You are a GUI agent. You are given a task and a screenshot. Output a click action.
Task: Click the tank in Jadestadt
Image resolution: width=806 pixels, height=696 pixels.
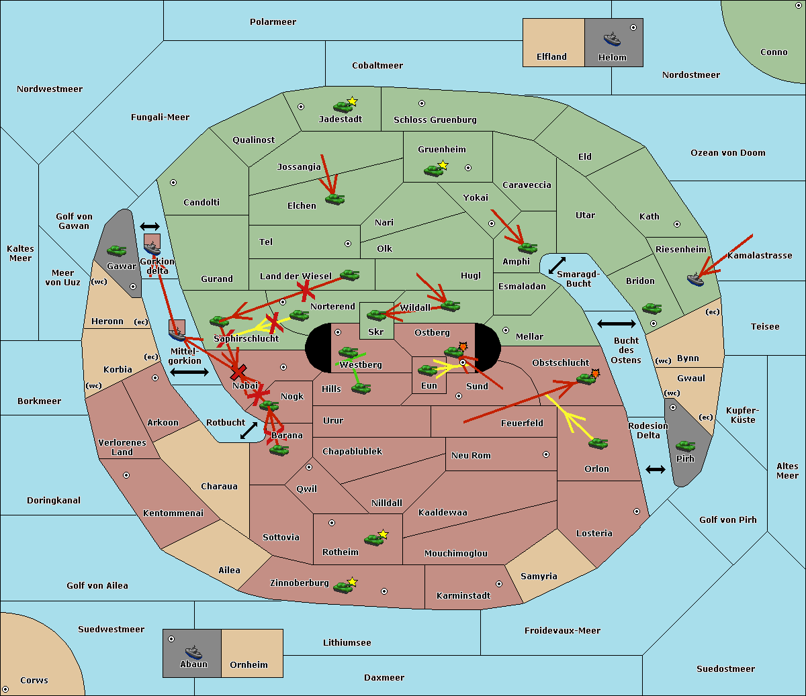pyautogui.click(x=343, y=106)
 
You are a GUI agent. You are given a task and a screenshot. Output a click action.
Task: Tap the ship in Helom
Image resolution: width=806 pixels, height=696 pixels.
pyautogui.click(x=612, y=39)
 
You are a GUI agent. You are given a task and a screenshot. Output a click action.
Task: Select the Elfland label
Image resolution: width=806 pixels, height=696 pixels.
pyautogui.click(x=551, y=57)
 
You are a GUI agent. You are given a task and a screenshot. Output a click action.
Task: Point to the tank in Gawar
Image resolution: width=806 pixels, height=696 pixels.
pyautogui.click(x=117, y=250)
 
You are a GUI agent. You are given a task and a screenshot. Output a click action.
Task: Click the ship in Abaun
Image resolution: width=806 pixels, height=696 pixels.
pyautogui.click(x=193, y=652)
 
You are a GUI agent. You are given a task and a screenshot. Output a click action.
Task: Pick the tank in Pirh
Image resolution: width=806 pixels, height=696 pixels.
pyautogui.click(x=685, y=446)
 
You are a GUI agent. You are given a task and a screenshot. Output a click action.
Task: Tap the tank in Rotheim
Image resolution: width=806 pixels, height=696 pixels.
pyautogui.click(x=373, y=539)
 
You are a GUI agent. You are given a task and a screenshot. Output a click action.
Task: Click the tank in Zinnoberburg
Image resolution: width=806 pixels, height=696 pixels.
pyautogui.click(x=343, y=587)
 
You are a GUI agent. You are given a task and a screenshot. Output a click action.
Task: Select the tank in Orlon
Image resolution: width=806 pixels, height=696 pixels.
pyautogui.click(x=597, y=444)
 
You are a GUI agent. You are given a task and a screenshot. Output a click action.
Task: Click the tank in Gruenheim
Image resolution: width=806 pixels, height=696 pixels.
pyautogui.click(x=433, y=170)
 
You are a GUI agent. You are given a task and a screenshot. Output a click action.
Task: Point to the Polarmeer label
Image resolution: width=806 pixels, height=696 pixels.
pyautogui.click(x=273, y=22)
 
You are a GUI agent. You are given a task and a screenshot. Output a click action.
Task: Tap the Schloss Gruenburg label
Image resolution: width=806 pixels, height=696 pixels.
pyautogui.click(x=435, y=120)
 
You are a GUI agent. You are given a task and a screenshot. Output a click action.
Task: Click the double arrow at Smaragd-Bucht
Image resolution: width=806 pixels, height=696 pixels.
pyautogui.click(x=557, y=266)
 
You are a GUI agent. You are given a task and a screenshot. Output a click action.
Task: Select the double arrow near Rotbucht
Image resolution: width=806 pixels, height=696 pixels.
pyautogui.click(x=249, y=431)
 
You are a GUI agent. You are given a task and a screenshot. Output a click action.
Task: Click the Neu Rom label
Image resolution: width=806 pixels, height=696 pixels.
pyautogui.click(x=471, y=456)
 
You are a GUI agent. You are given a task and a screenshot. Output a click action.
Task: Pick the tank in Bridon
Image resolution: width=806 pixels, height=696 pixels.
pyautogui.click(x=651, y=309)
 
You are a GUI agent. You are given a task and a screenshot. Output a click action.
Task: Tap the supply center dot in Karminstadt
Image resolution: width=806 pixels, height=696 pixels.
pyautogui.click(x=499, y=584)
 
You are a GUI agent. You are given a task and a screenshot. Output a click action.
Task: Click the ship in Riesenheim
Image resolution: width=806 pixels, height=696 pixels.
pyautogui.click(x=696, y=279)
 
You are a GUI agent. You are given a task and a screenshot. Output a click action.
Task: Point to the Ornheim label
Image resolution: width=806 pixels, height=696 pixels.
pyautogui.click(x=249, y=665)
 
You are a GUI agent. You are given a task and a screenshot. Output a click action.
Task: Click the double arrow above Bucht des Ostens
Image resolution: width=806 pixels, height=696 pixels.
pyautogui.click(x=616, y=324)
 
